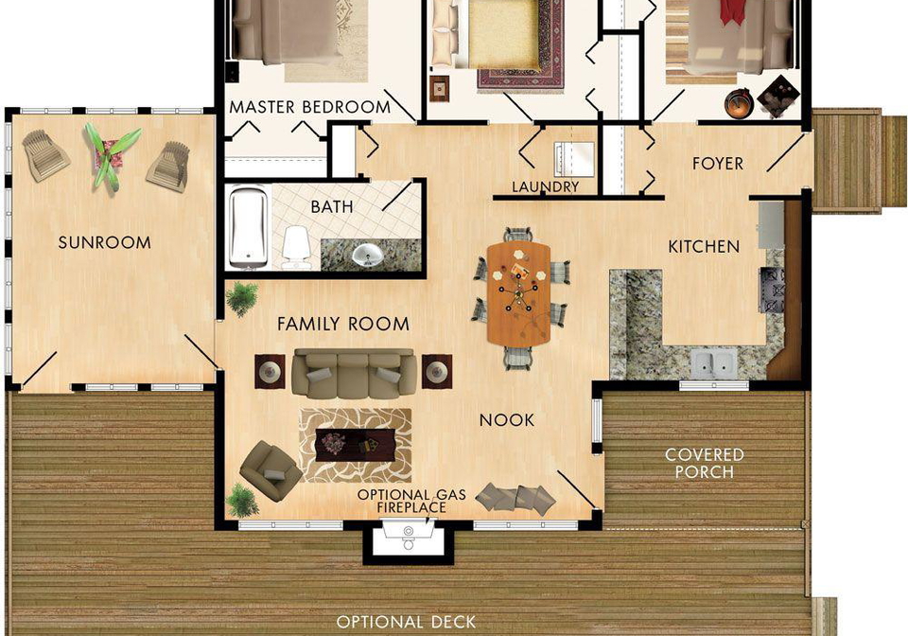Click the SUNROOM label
pyautogui.click(x=105, y=242)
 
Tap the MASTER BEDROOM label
pyautogui.click(x=310, y=107)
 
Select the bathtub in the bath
pyautogui.click(x=249, y=227)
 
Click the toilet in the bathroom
pyautogui.click(x=296, y=247)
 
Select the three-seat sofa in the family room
pyautogui.click(x=354, y=374)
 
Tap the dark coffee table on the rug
pyautogui.click(x=355, y=444)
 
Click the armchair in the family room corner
pyautogui.click(x=270, y=470)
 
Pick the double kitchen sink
pyautogui.click(x=714, y=362)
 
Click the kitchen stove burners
pyautogui.click(x=772, y=289)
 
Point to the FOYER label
pyautogui.click(x=718, y=164)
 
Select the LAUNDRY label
pyautogui.click(x=545, y=186)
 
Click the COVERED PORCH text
pyautogui.click(x=704, y=464)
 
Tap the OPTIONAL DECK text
pyautogui.click(x=406, y=622)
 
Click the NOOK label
pyautogui.click(x=507, y=420)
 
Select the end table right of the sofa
pyautogui.click(x=437, y=371)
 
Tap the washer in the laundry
pyautogui.click(x=574, y=159)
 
